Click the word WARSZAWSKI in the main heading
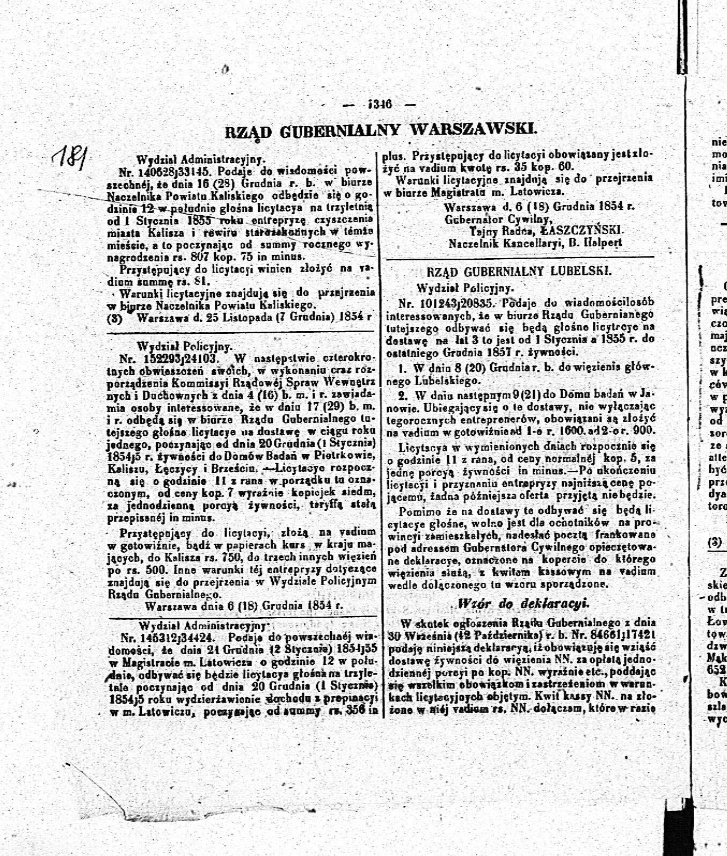[472, 129]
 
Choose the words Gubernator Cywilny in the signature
[498, 219]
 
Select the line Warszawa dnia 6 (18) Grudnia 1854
[243, 605]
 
